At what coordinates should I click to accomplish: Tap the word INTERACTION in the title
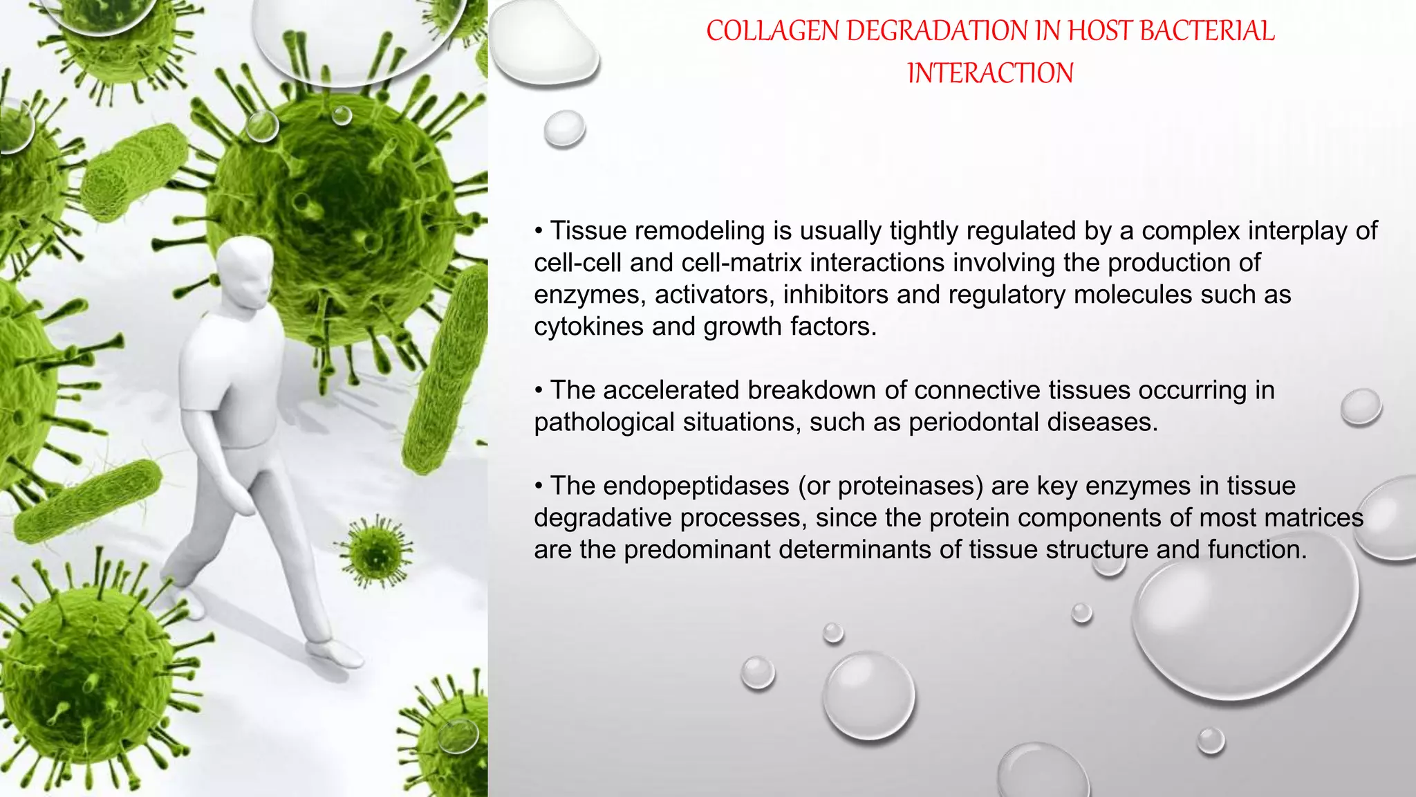coord(990,73)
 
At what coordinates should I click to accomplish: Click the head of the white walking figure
coord(245,270)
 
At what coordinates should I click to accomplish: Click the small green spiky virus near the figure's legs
coord(376,551)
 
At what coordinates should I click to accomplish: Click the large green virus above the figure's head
coord(332,214)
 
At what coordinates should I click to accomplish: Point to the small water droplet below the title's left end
coord(564,129)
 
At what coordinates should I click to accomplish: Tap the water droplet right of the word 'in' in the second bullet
coord(1361,407)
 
